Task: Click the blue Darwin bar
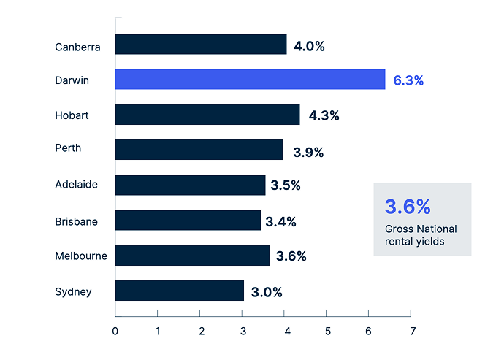250,80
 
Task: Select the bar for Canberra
201,45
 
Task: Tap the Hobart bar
207,115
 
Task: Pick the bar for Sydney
180,291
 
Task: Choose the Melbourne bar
192,256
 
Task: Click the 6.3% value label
408,80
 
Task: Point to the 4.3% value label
324,116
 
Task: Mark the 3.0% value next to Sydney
267,292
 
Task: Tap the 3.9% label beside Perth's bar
308,152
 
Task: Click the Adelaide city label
76,185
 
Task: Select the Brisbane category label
77,221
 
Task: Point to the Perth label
68,149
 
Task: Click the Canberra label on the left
77,47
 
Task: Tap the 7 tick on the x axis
413,331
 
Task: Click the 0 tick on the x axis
115,331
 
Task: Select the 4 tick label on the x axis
286,331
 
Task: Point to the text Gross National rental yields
421,236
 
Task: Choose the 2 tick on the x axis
201,331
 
